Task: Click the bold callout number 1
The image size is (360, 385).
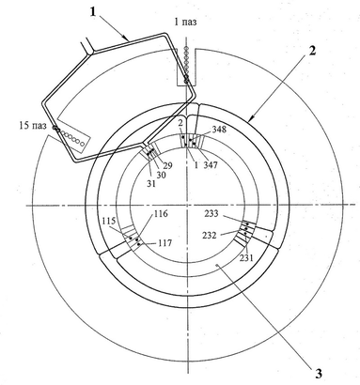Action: tap(93, 11)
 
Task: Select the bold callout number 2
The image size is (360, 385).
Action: tap(312, 51)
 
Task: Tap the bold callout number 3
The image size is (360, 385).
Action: tap(319, 373)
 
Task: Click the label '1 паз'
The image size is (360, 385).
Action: tap(185, 22)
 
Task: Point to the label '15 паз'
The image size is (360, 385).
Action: tap(33, 126)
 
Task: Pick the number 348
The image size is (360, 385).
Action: tap(219, 129)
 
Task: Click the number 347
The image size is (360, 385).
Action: tap(211, 164)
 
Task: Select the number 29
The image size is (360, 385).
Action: tap(168, 165)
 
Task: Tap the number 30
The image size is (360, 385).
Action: tap(161, 176)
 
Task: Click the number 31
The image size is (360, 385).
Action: tap(151, 184)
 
